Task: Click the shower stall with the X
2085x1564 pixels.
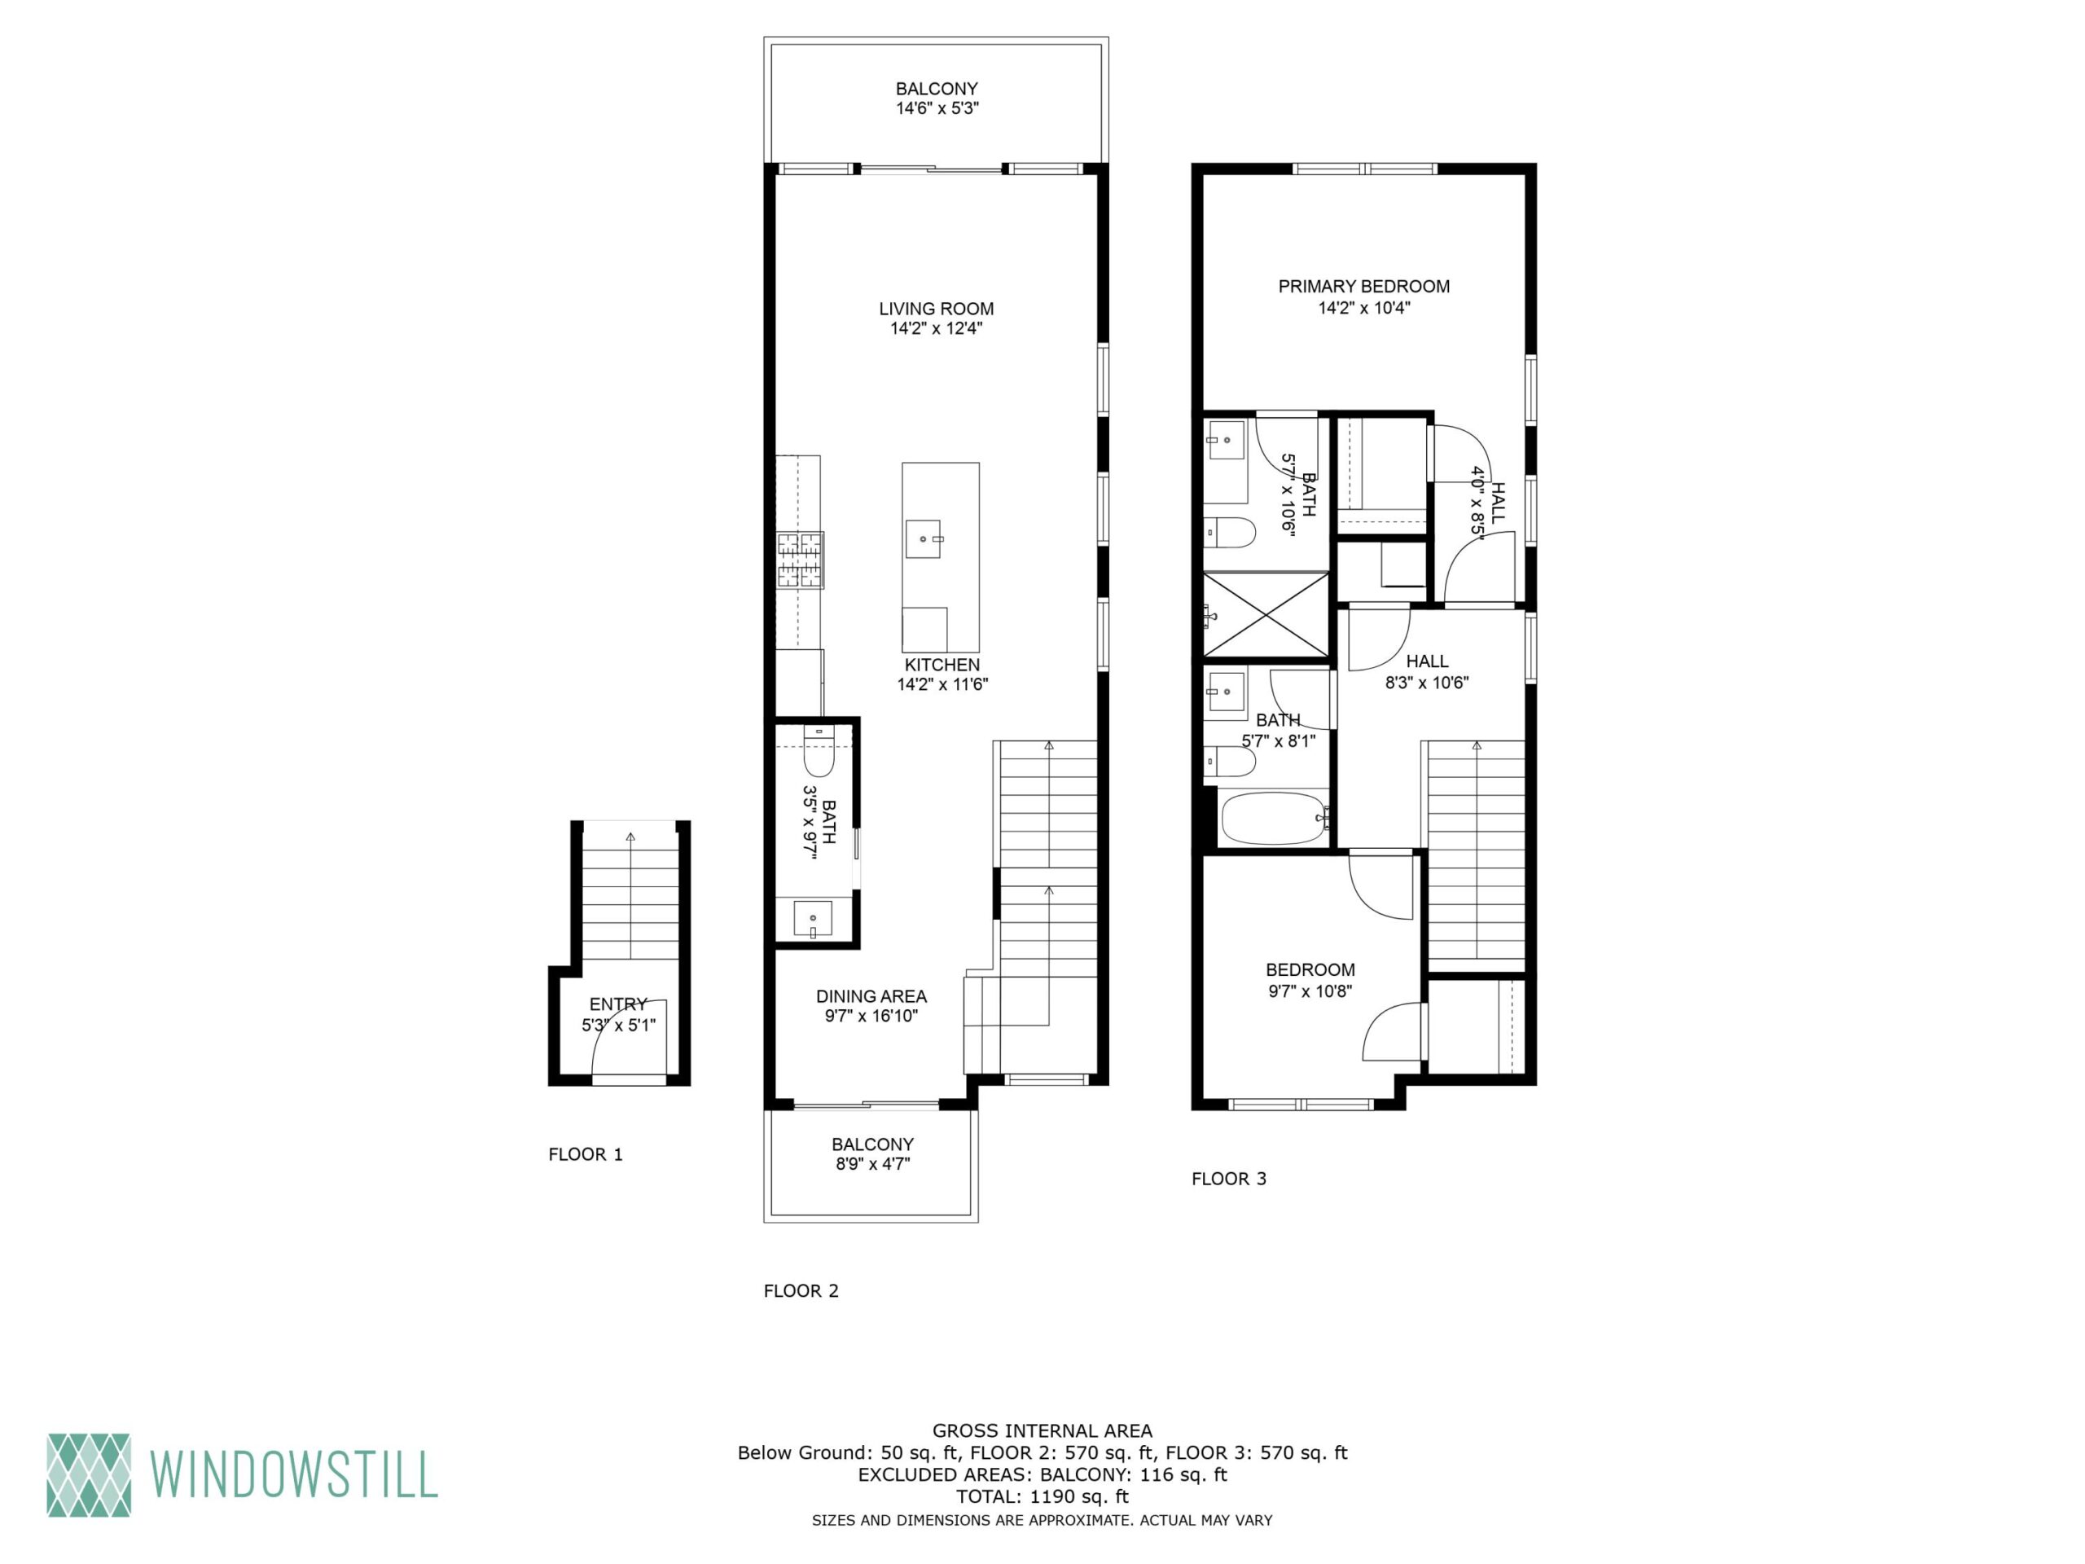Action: click(1266, 613)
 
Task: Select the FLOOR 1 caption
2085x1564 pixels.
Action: click(586, 1154)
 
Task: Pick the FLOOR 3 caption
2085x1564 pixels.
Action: click(1229, 1179)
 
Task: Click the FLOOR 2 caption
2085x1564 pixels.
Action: click(801, 1290)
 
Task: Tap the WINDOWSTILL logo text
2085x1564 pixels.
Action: click(294, 1474)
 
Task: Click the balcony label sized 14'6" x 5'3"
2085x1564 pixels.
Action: click(937, 98)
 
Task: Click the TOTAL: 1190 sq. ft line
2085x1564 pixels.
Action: click(1042, 1496)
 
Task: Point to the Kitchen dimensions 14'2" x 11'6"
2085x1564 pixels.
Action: click(942, 684)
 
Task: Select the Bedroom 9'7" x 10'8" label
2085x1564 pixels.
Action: click(1310, 979)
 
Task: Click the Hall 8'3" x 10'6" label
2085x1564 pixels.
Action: click(1426, 671)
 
